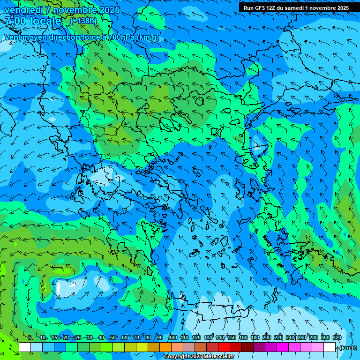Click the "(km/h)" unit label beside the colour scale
(x=347, y=348)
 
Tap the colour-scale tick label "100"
(x=173, y=338)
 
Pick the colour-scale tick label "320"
(x=337, y=338)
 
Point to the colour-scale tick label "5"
(x=30, y=338)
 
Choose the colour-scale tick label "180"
(x=255, y=338)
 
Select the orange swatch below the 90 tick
(x=165, y=347)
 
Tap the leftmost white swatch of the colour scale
(x=25, y=347)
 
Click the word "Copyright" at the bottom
(x=177, y=357)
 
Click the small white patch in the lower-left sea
(x=58, y=287)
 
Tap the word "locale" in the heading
(x=45, y=21)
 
